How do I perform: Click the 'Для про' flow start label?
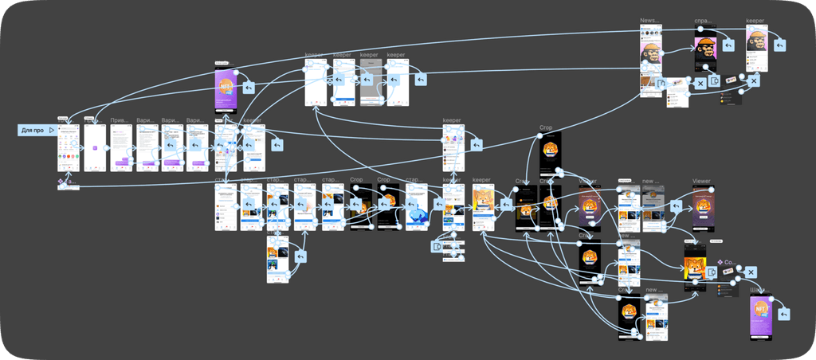(32, 130)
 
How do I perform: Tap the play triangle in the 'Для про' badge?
(51, 130)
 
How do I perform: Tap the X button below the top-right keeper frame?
(753, 80)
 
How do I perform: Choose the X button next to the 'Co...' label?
(750, 272)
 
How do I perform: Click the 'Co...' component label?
(729, 262)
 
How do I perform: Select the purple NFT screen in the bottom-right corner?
(761, 316)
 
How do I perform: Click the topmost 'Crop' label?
(546, 128)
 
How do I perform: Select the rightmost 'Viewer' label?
(701, 182)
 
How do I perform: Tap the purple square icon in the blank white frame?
(94, 148)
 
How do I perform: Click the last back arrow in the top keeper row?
(419, 80)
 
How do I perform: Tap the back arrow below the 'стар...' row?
(300, 257)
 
